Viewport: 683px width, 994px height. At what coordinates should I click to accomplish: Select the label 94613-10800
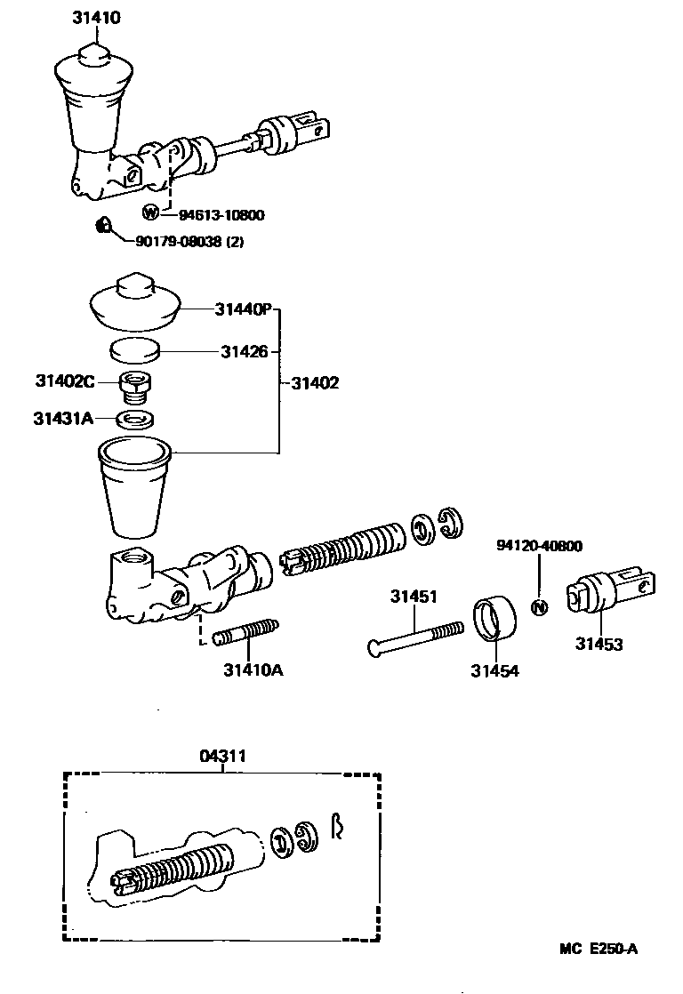point(221,214)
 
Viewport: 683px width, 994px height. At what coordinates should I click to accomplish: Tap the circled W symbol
point(151,212)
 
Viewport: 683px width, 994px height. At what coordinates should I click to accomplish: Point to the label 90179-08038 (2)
point(189,240)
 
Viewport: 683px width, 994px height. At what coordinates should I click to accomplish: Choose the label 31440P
point(242,309)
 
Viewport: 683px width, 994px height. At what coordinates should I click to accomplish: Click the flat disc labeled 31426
point(134,349)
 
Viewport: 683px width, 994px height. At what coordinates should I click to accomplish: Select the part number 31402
point(315,383)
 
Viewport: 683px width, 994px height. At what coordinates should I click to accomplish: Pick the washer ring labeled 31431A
point(134,418)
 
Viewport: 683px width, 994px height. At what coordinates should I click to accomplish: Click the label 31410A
point(253,669)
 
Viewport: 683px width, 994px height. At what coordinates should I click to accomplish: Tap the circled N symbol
point(539,607)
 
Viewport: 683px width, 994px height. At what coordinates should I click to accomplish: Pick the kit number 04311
point(222,756)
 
